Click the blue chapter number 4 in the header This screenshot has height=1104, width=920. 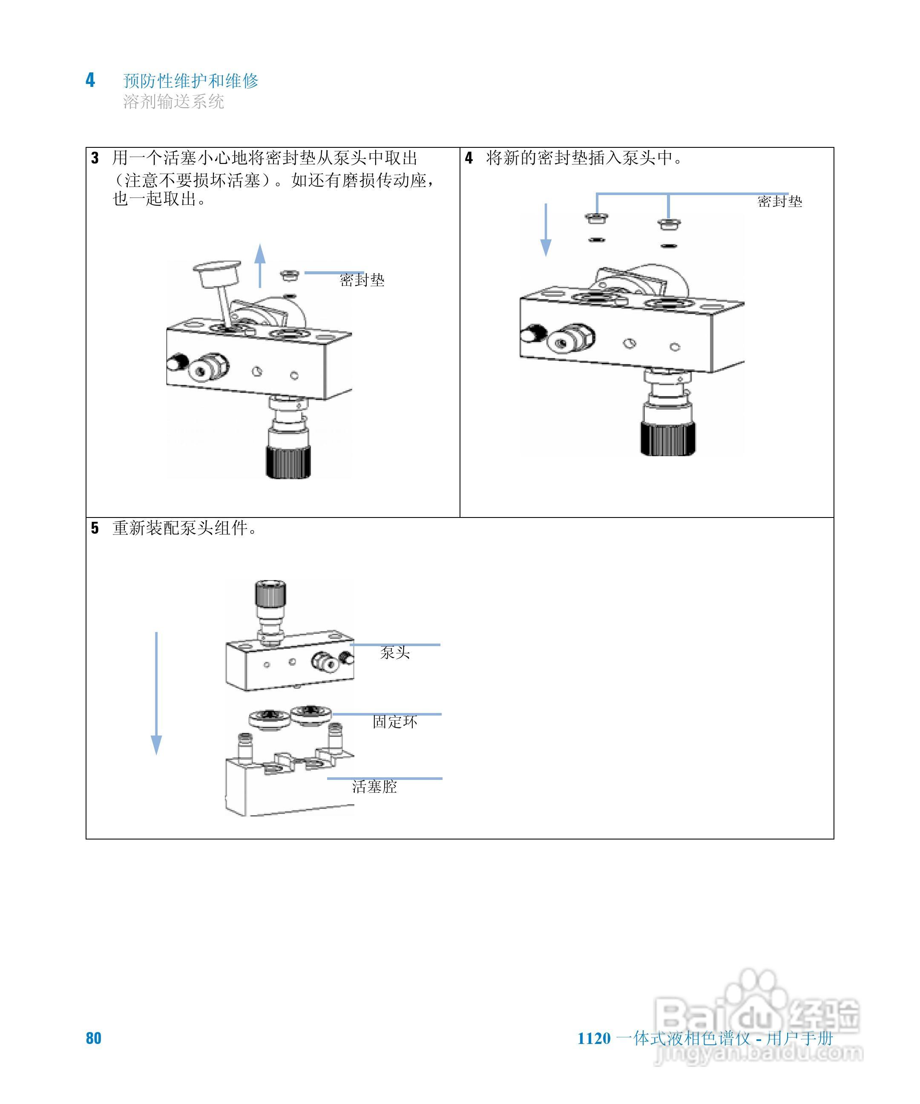click(90, 80)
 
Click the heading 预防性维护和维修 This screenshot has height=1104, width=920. click(190, 81)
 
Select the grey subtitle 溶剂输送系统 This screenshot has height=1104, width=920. click(173, 101)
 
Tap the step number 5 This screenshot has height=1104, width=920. click(95, 528)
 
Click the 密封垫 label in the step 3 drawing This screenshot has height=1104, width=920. click(362, 280)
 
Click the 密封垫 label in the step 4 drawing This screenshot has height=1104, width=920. click(779, 201)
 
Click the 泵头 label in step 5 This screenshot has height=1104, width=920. click(395, 653)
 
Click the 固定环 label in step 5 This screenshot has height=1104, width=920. click(395, 722)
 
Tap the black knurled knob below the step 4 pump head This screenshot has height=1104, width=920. click(668, 437)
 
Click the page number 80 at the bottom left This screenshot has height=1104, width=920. click(94, 1038)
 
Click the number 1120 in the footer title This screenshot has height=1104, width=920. click(594, 1039)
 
